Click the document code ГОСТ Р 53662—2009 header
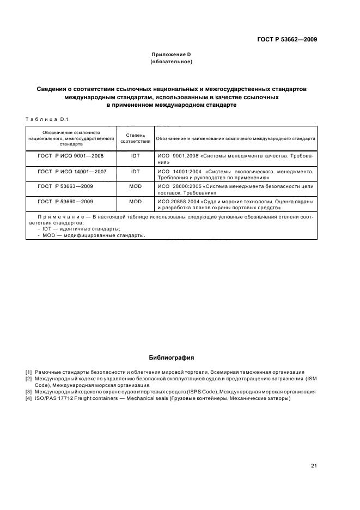[x=288, y=40]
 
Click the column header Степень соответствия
[x=135, y=138]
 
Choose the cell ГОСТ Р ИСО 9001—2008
[x=71, y=156]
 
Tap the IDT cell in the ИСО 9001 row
[x=136, y=156]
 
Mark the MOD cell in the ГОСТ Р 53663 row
[x=136, y=186]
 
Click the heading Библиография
[x=171, y=358]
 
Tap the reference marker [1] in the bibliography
[x=29, y=372]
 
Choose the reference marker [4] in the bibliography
[x=29, y=398]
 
